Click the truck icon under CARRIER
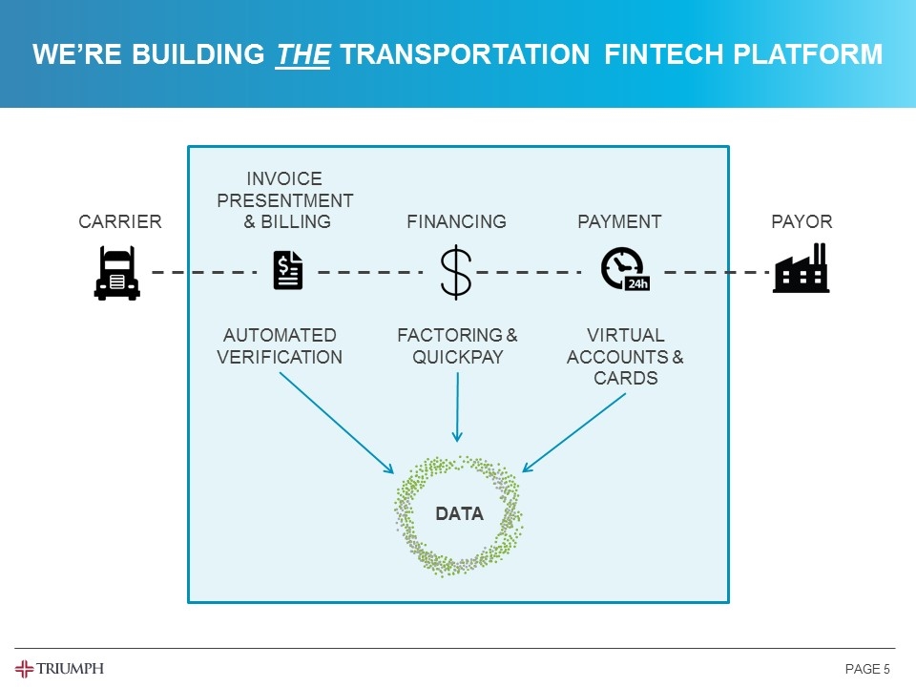point(117,273)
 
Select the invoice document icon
point(287,270)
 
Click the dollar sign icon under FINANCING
point(456,272)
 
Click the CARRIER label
point(120,221)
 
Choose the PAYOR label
point(801,221)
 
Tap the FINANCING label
point(456,221)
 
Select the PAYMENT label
point(619,221)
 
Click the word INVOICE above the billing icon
point(284,178)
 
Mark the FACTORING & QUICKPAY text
point(457,346)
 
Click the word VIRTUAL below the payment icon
point(625,335)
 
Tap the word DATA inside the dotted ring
point(459,513)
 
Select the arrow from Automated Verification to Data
point(336,422)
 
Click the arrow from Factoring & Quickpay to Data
point(457,406)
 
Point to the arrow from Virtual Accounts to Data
point(573,432)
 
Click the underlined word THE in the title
point(303,55)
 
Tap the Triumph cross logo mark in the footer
point(24,668)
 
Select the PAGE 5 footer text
point(867,669)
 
